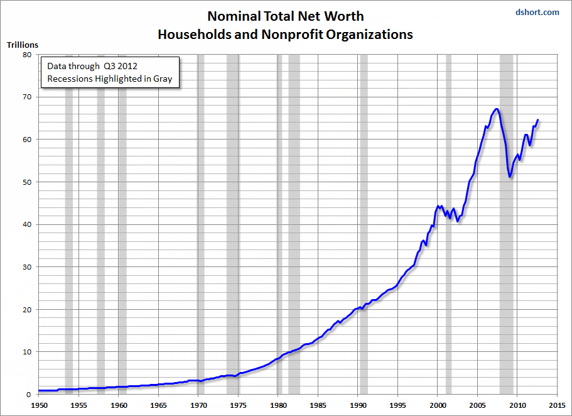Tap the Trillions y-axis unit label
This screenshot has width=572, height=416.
(23, 45)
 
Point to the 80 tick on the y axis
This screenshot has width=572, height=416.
(27, 55)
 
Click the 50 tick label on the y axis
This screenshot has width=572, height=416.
(27, 182)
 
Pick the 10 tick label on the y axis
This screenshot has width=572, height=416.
(27, 352)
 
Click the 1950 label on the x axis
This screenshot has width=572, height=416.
(39, 405)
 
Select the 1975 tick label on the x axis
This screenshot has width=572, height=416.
(238, 405)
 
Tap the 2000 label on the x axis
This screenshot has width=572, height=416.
(438, 405)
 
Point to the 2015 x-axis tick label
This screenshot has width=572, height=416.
(557, 405)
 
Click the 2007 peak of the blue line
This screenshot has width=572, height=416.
(497, 109)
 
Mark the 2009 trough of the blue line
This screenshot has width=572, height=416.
(510, 177)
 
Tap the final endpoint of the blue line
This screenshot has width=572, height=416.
(537, 120)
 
